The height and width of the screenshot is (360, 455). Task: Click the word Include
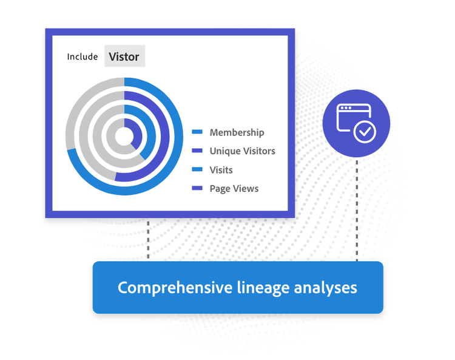pos(83,56)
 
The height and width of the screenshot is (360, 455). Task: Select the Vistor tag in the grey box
pos(124,56)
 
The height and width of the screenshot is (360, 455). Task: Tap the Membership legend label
pos(237,132)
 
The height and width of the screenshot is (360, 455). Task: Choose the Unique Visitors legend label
pos(243,151)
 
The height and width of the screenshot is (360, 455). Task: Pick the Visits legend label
pos(221,170)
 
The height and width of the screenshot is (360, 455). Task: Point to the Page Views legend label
pos(234,189)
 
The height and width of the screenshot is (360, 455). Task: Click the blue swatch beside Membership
pos(197,132)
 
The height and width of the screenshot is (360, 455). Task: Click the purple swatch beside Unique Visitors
pos(197,151)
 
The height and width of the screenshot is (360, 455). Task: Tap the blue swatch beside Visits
pos(197,169)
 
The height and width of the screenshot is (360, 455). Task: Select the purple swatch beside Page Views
pos(197,188)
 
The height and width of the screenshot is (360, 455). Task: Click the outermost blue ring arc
pos(178,137)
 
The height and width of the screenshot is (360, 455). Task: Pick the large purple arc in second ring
pos(165,137)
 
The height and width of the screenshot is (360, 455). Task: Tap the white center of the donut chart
pos(124,137)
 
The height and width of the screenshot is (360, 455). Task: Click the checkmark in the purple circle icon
pos(365,132)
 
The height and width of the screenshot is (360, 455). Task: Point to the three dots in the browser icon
pos(346,108)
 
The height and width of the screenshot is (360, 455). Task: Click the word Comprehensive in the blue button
pos(175,288)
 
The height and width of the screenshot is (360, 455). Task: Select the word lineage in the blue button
pos(263,288)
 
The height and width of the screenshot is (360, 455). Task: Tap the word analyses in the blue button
pos(326,288)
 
